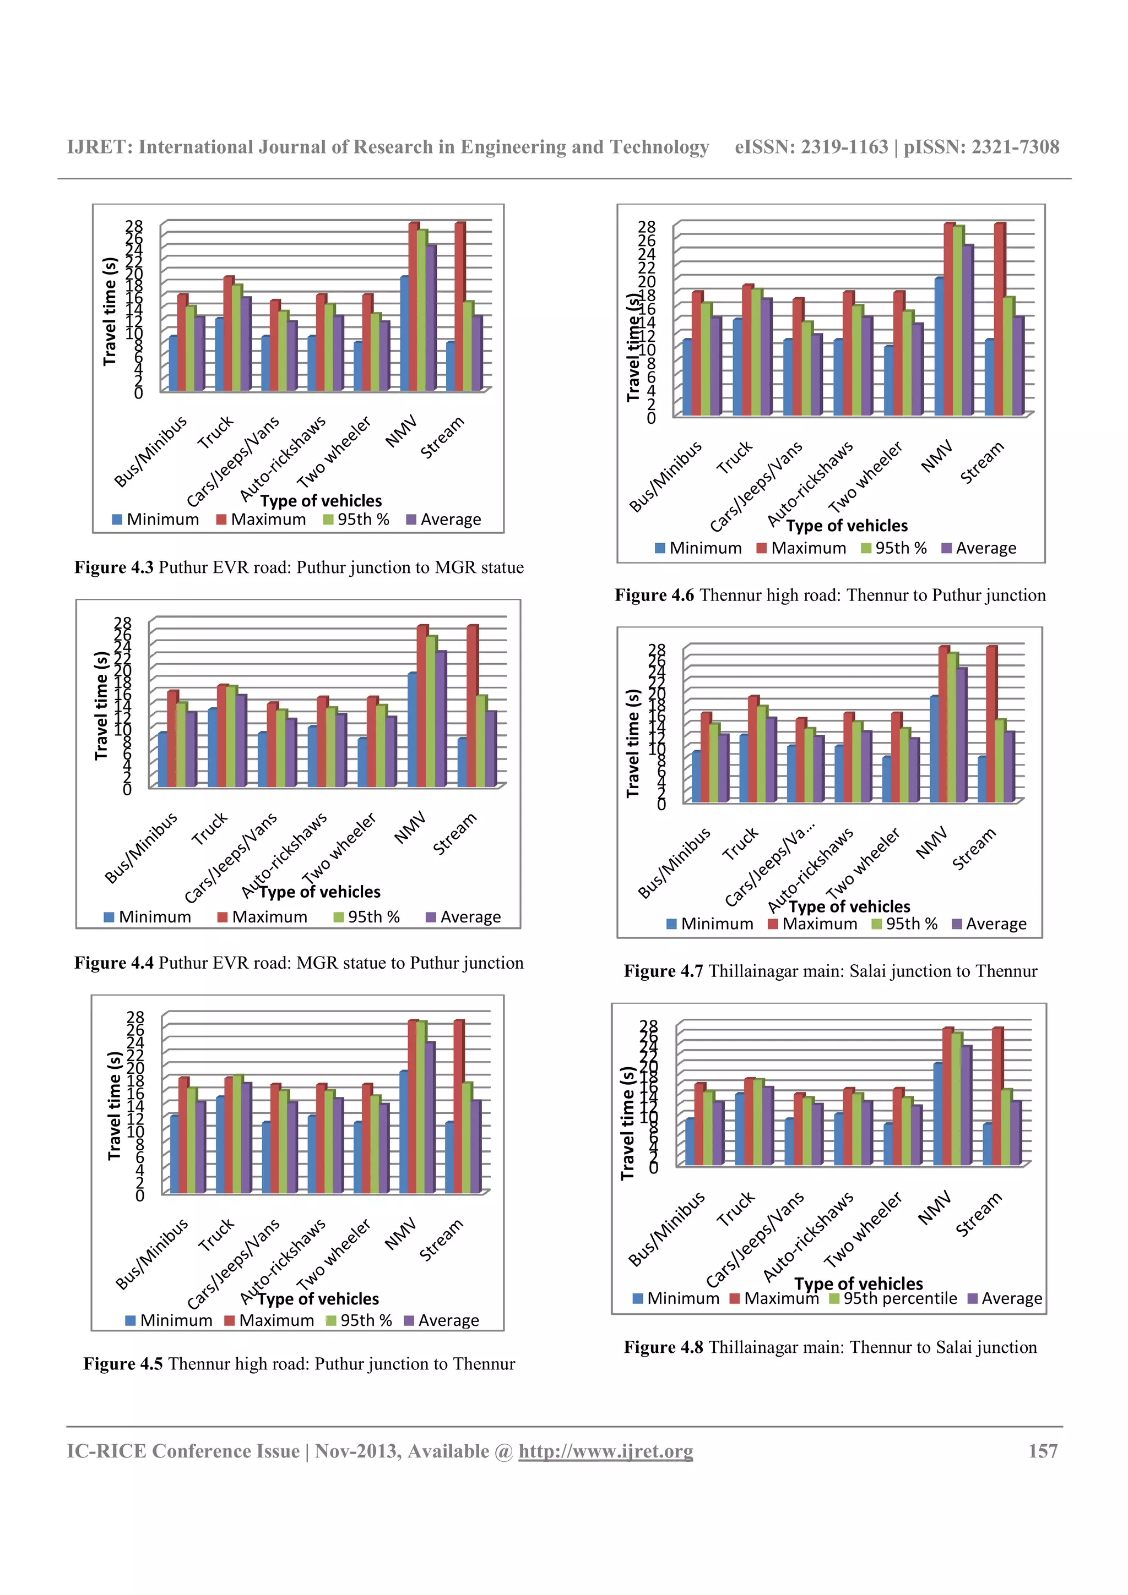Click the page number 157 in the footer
[1043, 1451]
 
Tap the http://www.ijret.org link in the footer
[605, 1451]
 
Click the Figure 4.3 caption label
[114, 567]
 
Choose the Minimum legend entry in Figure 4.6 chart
[698, 548]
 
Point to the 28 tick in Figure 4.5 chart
[135, 1017]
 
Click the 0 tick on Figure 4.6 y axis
[650, 418]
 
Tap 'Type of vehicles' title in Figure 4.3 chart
[321, 501]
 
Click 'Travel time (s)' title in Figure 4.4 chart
[101, 705]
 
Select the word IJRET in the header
[98, 148]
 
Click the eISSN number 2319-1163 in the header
[844, 148]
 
